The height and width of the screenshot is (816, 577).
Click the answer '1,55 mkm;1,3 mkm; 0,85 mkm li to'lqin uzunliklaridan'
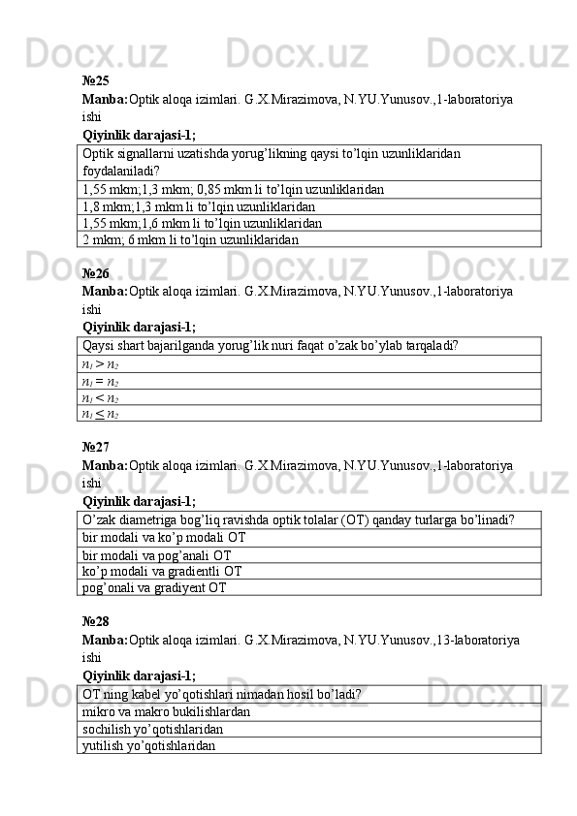[x=233, y=189]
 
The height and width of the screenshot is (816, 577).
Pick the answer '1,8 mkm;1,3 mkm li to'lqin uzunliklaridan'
[x=199, y=205]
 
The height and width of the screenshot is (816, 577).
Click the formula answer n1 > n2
[x=101, y=362]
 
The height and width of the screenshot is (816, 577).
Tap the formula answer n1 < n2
[x=101, y=396]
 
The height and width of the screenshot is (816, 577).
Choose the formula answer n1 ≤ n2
[x=101, y=413]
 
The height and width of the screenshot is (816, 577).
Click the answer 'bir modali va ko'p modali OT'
[x=164, y=537]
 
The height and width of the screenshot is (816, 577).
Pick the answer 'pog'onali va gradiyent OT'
[x=155, y=587]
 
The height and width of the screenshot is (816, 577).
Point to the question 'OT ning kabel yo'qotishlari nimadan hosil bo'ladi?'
[x=223, y=694]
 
